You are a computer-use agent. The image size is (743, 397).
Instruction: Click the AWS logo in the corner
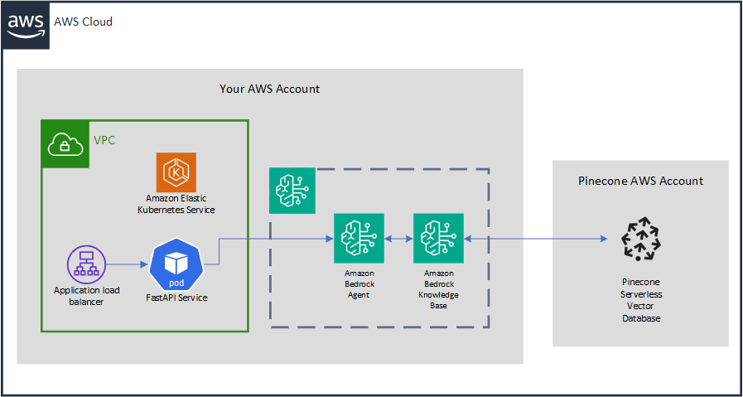[x=26, y=26]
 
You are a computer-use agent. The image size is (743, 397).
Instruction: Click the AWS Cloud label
[x=83, y=22]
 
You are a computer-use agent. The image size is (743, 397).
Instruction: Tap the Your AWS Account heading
[x=269, y=89]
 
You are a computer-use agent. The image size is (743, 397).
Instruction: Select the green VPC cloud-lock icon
[x=64, y=143]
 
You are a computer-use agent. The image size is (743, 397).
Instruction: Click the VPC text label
[x=104, y=140]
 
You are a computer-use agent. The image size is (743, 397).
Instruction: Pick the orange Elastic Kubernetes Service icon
[x=176, y=172]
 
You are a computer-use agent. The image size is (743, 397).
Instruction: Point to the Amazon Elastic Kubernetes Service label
[x=176, y=204]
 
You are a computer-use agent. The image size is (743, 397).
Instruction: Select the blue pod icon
[x=176, y=264]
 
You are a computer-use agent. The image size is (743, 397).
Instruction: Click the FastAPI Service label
[x=176, y=297]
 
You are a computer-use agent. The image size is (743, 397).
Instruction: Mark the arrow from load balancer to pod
[x=128, y=265]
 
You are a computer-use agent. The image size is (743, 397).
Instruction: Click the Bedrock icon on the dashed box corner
[x=291, y=190]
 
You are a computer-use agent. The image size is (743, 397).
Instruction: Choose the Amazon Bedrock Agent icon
[x=359, y=239]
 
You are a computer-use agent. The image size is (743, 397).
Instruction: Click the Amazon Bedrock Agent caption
[x=359, y=283]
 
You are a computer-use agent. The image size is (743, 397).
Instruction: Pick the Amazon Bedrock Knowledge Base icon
[x=438, y=239]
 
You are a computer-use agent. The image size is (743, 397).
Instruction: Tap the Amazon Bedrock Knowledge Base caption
[x=438, y=289]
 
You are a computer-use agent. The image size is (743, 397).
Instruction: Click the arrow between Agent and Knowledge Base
[x=398, y=239]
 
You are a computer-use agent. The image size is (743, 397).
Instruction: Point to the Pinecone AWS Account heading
[x=640, y=181]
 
